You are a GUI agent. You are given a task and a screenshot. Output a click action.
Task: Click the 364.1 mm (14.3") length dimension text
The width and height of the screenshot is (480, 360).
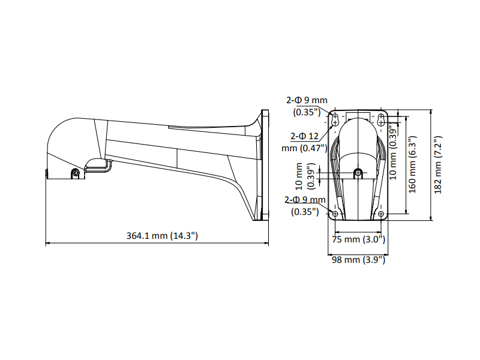pos(162,236)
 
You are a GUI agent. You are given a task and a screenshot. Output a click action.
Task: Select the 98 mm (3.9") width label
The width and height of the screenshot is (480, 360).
pos(358,260)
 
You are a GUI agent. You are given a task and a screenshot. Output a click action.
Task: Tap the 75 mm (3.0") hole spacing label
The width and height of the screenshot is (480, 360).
pos(358,239)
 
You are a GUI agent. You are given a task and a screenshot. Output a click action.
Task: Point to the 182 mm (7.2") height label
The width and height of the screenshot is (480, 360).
pos(438,164)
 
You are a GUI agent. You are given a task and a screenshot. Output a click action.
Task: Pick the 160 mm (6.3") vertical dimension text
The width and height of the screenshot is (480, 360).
pos(413,164)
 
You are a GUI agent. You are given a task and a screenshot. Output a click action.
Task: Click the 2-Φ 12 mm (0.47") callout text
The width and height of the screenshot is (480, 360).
pos(304,142)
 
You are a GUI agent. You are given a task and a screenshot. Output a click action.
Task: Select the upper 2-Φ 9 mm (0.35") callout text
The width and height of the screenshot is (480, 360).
pos(307,106)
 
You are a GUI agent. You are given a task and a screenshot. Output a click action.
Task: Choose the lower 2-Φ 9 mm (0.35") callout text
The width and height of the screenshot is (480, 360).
pos(305,205)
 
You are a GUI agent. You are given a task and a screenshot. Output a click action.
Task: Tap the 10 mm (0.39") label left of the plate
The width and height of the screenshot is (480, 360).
pos(305,176)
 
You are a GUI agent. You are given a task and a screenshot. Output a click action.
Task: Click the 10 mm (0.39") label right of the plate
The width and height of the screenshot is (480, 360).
pos(393,152)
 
